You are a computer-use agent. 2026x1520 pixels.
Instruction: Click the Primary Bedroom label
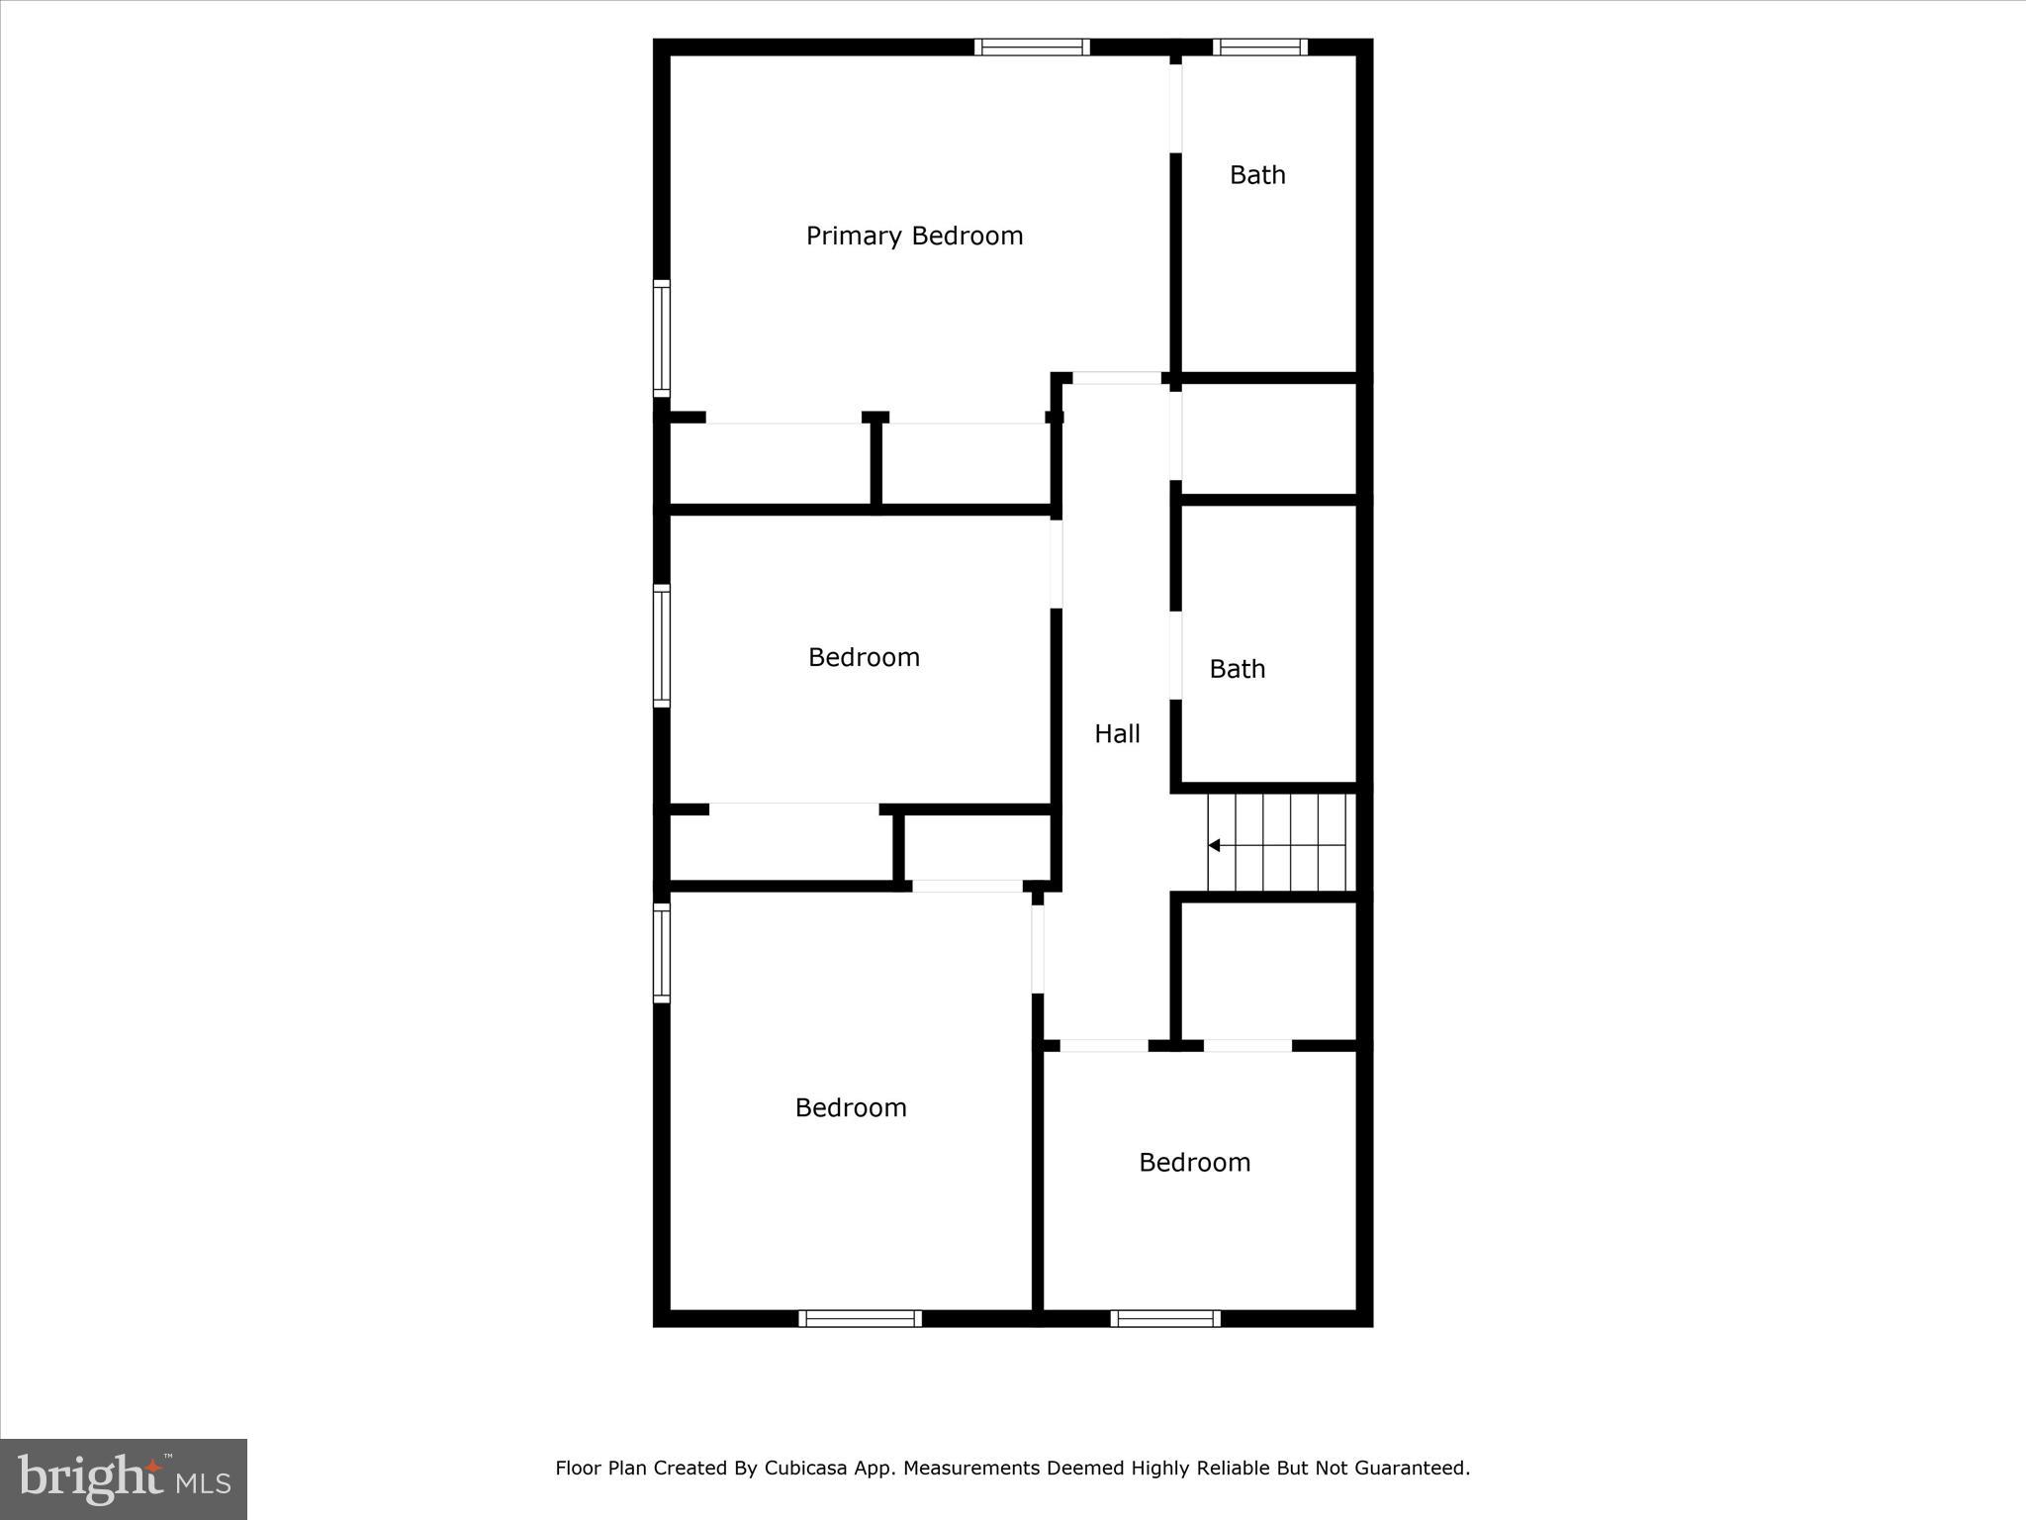(x=914, y=236)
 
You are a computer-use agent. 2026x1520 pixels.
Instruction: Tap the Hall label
(x=1117, y=733)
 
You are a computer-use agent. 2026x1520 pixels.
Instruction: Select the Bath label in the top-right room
(x=1257, y=175)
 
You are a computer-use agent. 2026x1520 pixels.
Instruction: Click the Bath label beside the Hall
(x=1237, y=669)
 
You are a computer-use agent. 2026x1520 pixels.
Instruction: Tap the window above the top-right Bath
(x=1260, y=47)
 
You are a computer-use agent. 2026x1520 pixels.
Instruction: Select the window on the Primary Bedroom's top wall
(x=1032, y=47)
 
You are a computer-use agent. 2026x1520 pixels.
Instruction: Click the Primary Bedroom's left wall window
(x=662, y=338)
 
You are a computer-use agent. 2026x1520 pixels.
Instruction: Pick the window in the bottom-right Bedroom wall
(x=1165, y=1318)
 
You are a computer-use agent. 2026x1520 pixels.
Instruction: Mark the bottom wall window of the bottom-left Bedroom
(x=860, y=1318)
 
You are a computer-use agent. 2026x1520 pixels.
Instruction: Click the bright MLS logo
(x=124, y=1478)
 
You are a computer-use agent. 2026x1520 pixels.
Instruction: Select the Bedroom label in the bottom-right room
(x=1194, y=1162)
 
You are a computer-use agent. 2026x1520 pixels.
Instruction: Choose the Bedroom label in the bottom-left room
(x=851, y=1107)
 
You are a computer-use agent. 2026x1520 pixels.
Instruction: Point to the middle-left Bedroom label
(x=864, y=657)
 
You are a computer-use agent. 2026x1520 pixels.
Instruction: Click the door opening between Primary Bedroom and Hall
(x=1117, y=378)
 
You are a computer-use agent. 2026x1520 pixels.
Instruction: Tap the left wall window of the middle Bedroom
(x=662, y=645)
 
